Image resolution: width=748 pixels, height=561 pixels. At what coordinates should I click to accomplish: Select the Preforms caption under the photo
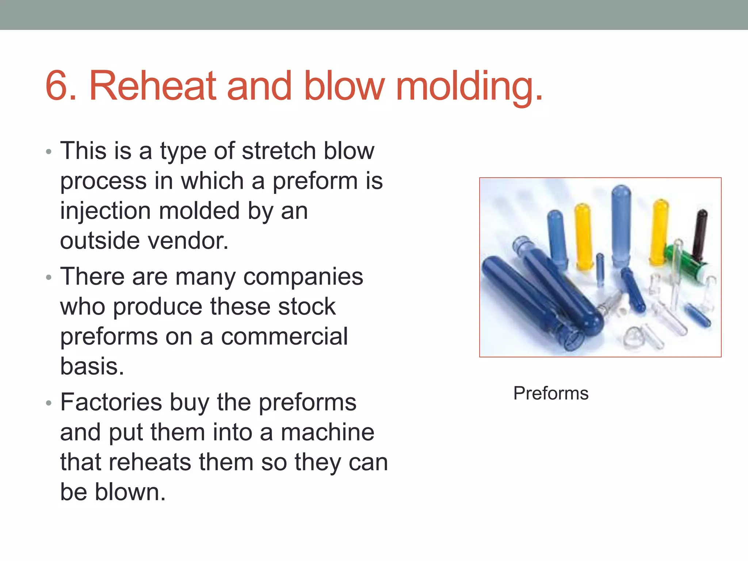(x=551, y=393)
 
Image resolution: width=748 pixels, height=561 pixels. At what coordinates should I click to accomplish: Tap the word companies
(x=303, y=276)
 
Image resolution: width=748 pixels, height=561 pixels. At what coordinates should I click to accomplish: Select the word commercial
(x=284, y=336)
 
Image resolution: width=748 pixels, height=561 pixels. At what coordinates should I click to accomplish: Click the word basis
(x=92, y=366)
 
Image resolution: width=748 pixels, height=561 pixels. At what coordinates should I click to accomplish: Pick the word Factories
(x=111, y=402)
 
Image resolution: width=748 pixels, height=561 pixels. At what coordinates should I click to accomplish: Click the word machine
(x=327, y=432)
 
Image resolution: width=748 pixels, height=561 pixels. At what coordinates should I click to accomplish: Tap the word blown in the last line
(x=130, y=492)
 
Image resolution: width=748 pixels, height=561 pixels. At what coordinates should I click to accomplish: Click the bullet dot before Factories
(x=49, y=403)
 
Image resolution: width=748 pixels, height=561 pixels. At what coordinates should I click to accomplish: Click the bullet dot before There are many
(x=49, y=278)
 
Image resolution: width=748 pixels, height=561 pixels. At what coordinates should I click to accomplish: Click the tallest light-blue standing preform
(x=621, y=223)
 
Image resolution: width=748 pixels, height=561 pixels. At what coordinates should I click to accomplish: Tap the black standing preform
(x=701, y=234)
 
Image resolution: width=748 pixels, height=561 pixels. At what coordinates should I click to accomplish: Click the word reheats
(x=149, y=462)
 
